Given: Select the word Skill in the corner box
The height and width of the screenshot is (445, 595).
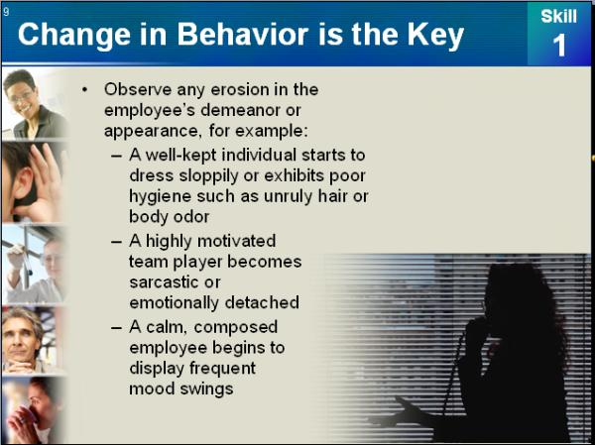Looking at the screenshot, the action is pos(559,16).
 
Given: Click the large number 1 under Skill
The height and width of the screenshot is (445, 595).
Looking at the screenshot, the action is pos(559,46).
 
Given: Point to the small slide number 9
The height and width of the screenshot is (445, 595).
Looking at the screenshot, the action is pos(6,12).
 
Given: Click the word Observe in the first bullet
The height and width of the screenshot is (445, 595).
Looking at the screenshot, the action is pos(138,89).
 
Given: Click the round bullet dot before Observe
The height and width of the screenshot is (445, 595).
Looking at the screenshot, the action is pos(84,90).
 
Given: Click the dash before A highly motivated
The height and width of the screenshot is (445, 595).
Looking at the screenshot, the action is pos(116,241).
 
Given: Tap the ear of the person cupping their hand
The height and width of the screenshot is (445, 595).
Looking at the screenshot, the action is pos(24,181).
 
